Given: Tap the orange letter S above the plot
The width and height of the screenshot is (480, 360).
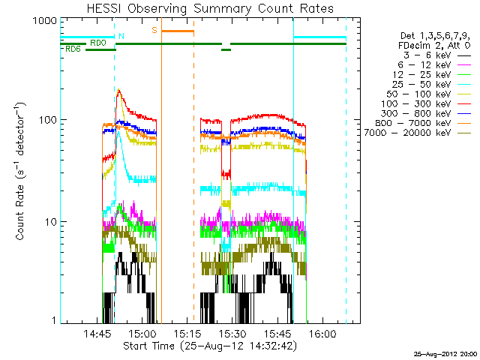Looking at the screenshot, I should click(x=154, y=30).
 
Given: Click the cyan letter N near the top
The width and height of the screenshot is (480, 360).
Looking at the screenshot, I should click(x=121, y=36).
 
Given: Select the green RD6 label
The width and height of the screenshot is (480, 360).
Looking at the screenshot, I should click(x=73, y=49).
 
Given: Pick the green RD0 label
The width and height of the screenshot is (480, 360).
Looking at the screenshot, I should click(x=97, y=43).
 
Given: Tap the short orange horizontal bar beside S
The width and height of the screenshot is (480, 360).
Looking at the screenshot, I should click(x=178, y=31).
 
